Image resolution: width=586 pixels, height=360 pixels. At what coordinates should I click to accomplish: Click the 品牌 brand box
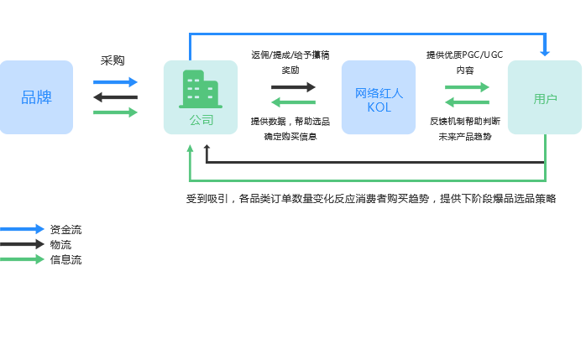[37, 97]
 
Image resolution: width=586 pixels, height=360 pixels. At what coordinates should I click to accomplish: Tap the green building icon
[200, 89]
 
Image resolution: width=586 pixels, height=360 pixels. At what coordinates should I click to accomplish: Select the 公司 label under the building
[201, 121]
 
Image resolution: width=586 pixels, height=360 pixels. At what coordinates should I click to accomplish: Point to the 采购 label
[112, 60]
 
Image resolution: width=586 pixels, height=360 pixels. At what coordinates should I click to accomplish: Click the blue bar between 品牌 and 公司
[115, 82]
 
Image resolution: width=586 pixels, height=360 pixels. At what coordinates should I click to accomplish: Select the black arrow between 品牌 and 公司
[115, 97]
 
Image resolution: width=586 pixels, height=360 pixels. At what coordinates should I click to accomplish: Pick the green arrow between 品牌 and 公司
[116, 112]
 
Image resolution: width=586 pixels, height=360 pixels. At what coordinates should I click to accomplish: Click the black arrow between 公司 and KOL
[293, 86]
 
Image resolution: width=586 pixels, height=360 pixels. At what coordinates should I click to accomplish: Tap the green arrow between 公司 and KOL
[293, 102]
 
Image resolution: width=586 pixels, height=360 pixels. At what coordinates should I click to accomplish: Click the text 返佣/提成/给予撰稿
[290, 55]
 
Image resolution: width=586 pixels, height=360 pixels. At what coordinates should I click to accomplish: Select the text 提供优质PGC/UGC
[464, 55]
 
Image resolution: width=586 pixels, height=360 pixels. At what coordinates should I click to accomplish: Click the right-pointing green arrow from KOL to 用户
[467, 86]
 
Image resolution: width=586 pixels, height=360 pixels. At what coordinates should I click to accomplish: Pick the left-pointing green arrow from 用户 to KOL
[467, 102]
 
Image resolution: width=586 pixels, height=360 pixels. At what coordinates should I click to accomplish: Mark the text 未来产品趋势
[465, 135]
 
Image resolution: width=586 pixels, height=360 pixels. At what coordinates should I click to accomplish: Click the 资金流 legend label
[66, 229]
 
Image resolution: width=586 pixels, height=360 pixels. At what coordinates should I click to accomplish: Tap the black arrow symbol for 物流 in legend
[23, 244]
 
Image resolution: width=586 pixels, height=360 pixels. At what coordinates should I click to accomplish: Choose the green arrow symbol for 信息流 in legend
[23, 259]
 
